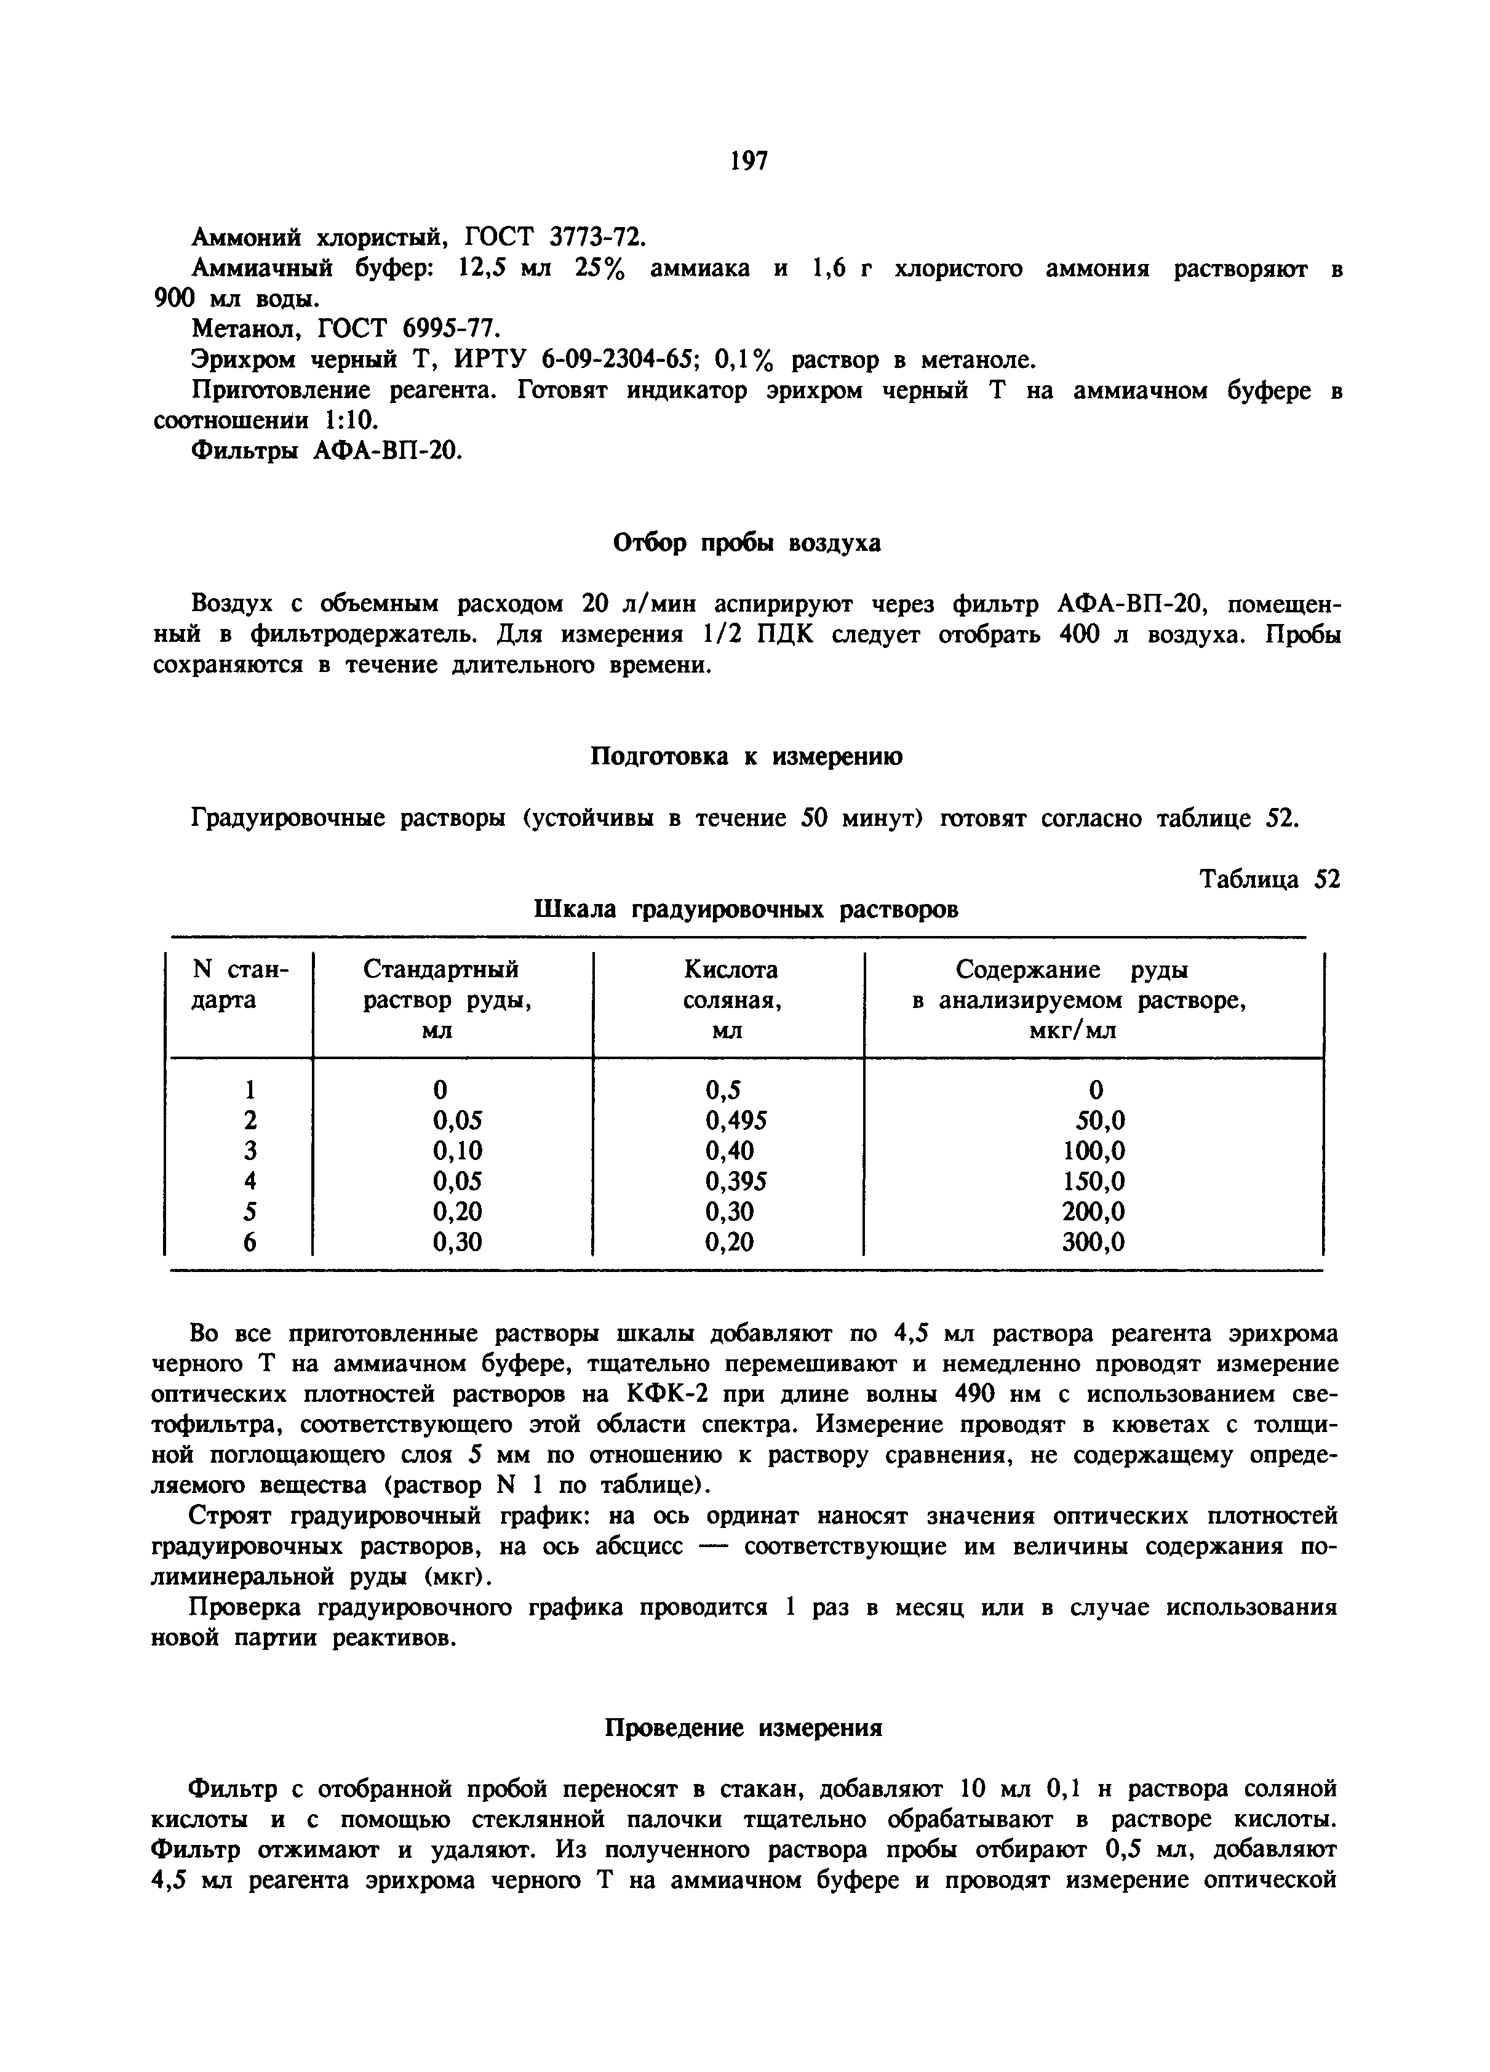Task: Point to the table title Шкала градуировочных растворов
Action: coord(746,910)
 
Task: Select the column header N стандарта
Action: coord(239,985)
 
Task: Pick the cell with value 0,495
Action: coord(735,1120)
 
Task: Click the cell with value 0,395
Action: coord(735,1182)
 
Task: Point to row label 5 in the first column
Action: coord(250,1212)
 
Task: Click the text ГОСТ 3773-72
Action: coord(554,238)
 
